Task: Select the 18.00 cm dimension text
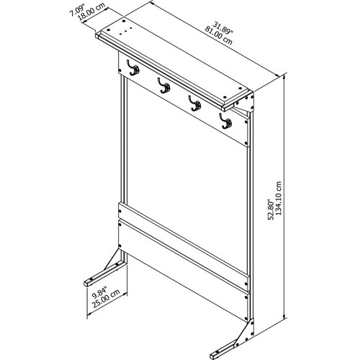coord(91,13)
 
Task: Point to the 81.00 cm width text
coord(218,35)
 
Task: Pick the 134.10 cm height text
coord(279,199)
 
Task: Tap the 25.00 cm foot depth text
coord(106,299)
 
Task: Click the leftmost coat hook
coord(133,68)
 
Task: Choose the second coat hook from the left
coord(164,86)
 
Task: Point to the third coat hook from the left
coord(194,103)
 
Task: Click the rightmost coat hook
coord(225,121)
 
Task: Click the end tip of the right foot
coord(213,356)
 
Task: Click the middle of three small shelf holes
coord(126,31)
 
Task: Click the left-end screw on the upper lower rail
coord(120,211)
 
